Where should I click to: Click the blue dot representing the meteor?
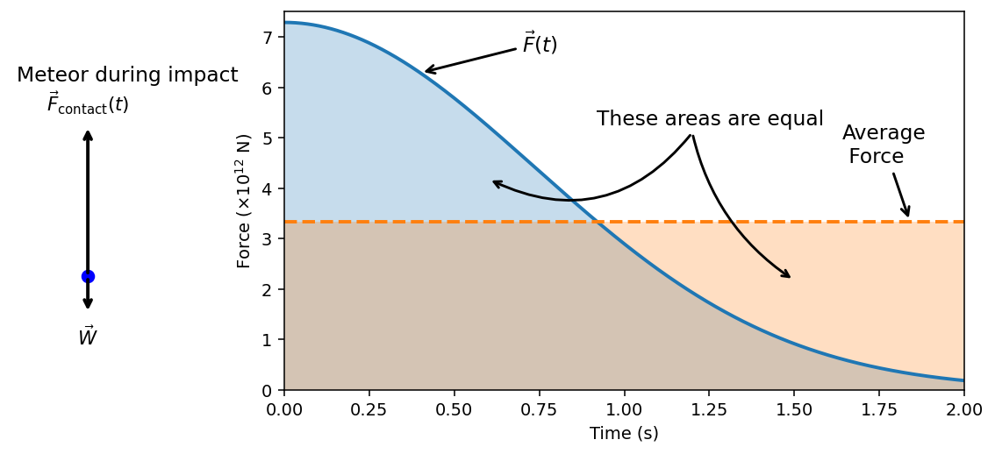88,276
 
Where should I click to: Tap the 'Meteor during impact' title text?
127,75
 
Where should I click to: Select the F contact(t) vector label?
88,104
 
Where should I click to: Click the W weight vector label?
87,337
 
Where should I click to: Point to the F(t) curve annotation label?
540,44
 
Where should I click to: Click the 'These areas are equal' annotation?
710,119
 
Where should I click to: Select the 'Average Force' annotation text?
882,145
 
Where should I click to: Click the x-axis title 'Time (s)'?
624,434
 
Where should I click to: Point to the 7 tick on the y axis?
268,37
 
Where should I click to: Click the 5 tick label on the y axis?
268,138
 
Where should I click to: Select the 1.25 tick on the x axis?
709,409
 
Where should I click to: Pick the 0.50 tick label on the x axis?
454,409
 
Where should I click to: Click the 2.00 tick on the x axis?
963,409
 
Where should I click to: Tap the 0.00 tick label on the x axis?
284,409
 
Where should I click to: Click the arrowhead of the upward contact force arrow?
88,133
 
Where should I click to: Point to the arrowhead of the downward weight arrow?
88,306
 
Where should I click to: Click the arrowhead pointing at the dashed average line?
907,213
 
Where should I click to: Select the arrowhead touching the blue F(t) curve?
428,71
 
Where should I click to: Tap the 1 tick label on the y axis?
268,340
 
